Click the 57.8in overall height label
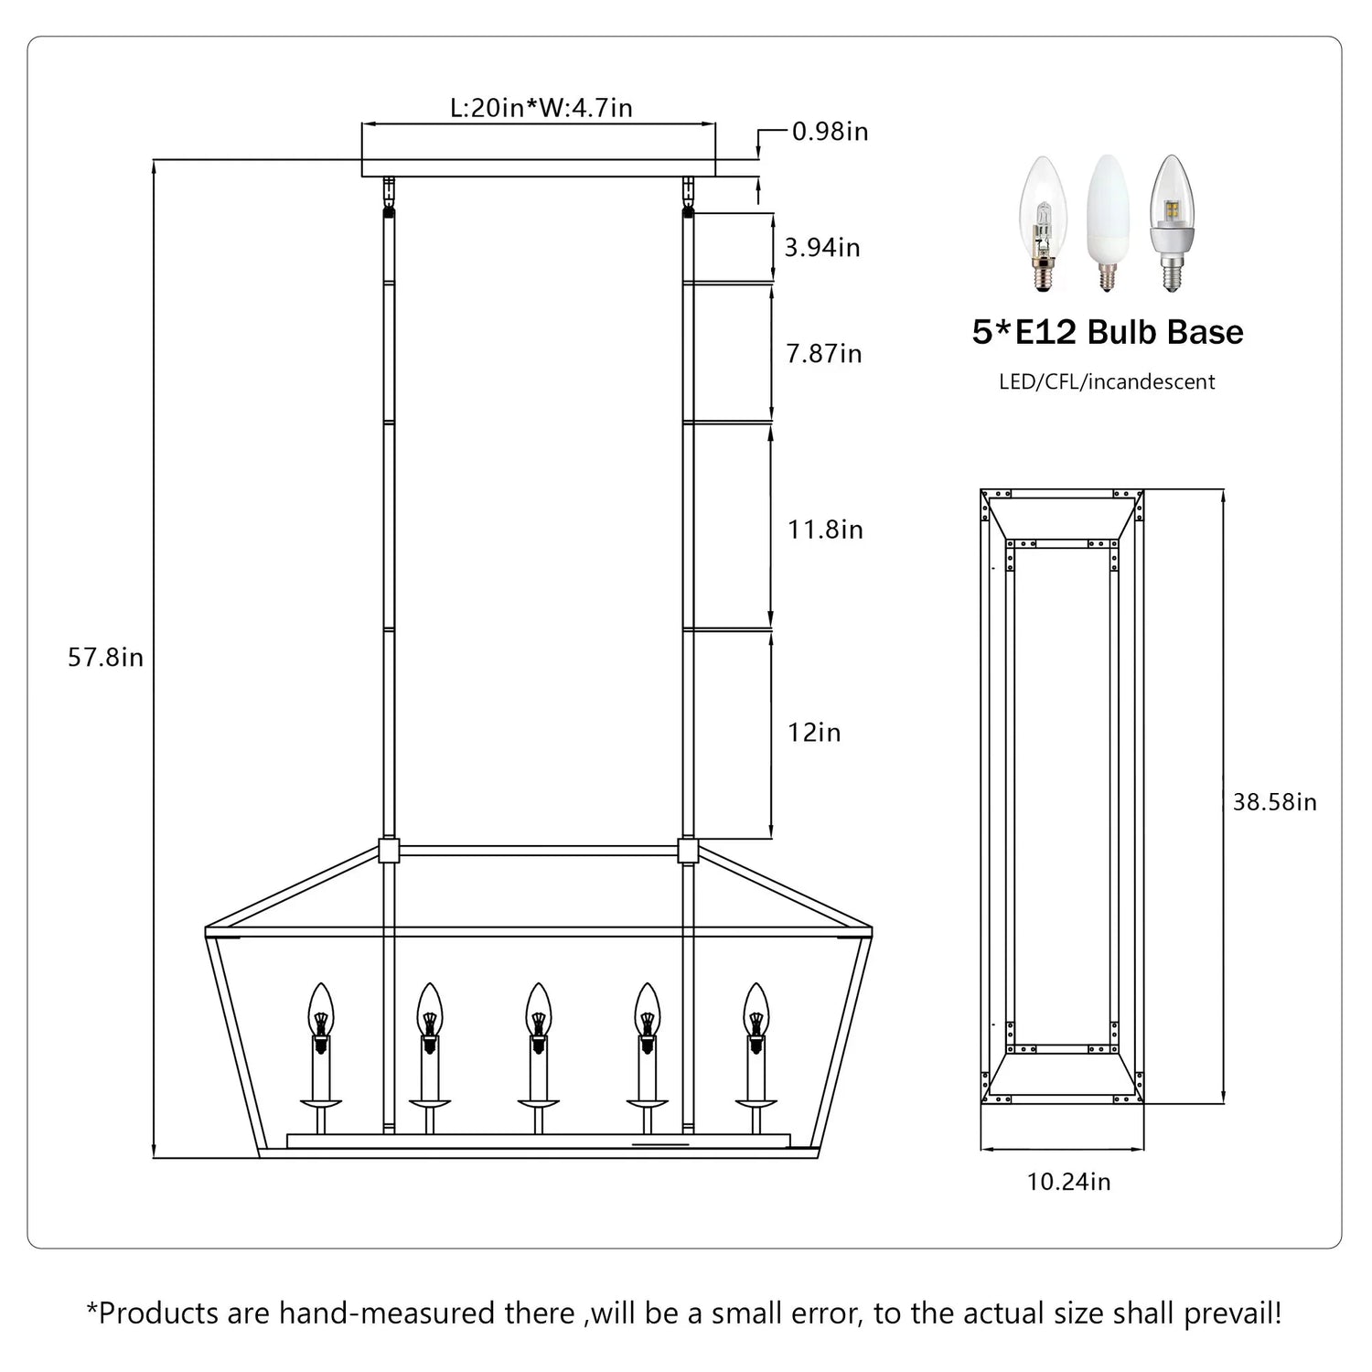(105, 658)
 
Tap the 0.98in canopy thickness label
(831, 132)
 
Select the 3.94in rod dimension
(822, 248)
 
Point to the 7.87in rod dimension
(824, 354)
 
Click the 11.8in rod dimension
(826, 530)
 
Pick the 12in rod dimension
(814, 733)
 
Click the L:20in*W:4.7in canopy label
(541, 108)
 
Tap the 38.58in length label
(1275, 802)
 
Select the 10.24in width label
(1068, 1182)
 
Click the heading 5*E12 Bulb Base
(1108, 332)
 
